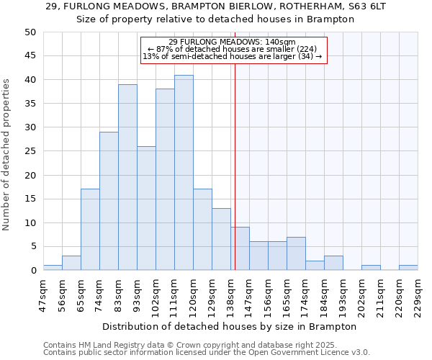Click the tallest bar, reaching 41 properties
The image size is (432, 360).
pyautogui.click(x=184, y=173)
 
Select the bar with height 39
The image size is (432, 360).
pyautogui.click(x=127, y=177)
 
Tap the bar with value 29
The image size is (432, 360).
pyautogui.click(x=109, y=201)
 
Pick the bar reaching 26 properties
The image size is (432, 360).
pyautogui.click(x=146, y=208)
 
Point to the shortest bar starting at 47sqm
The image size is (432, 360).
pyautogui.click(x=53, y=268)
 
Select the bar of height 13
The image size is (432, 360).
pyautogui.click(x=221, y=239)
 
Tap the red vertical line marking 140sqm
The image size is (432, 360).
pyautogui.click(x=235, y=144)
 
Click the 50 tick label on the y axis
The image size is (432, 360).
pyautogui.click(x=30, y=32)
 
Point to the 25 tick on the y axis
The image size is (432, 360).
pyautogui.click(x=30, y=151)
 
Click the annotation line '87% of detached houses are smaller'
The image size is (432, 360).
pyautogui.click(x=233, y=49)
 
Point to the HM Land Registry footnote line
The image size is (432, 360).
pyautogui.click(x=191, y=345)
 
